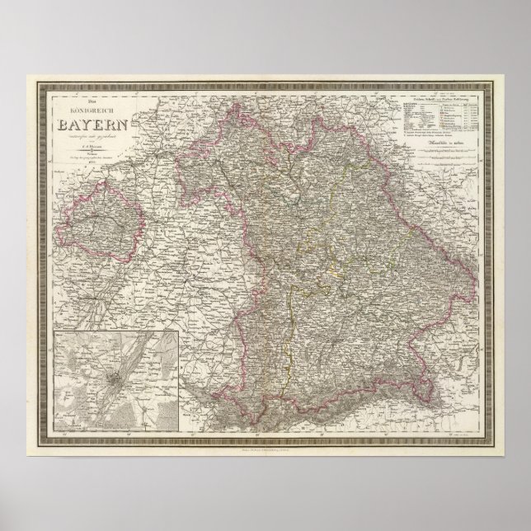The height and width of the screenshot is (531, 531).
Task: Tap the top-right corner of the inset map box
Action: click(181, 329)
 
